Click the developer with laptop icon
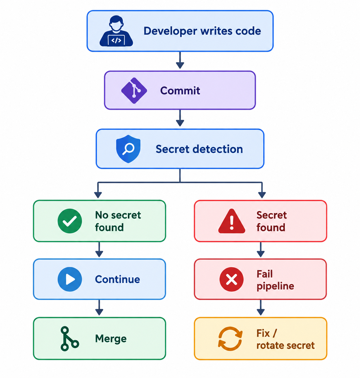[x=116, y=31]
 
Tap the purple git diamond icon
[x=134, y=90]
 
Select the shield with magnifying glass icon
[x=128, y=149]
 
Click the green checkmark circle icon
[x=70, y=221]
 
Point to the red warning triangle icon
[x=231, y=221]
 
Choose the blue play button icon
[x=70, y=279]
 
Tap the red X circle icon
[x=231, y=279]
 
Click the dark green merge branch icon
[x=70, y=339]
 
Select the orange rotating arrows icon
[x=230, y=339]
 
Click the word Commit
[x=180, y=91]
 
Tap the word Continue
[x=117, y=279]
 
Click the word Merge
[x=111, y=339]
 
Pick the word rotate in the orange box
[x=270, y=346]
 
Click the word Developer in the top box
[x=170, y=31]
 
